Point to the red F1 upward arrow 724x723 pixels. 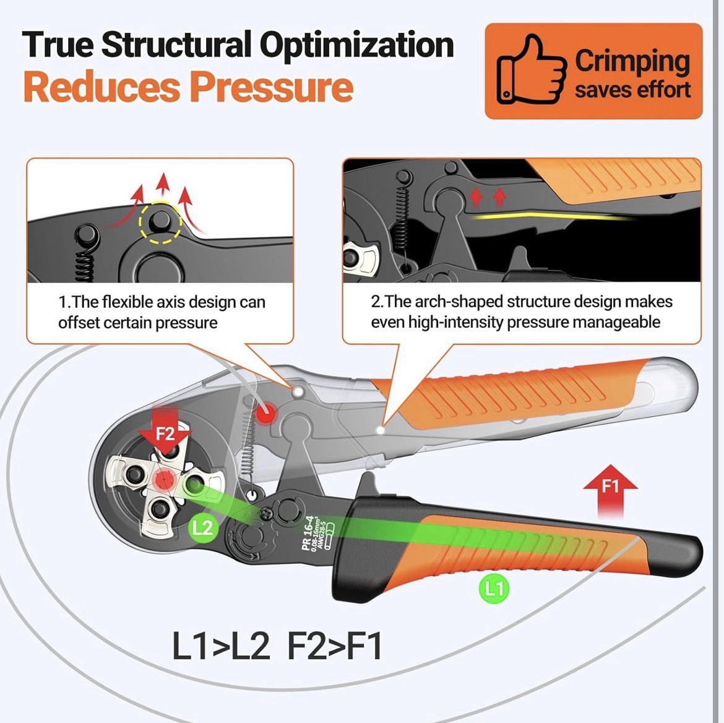coord(610,489)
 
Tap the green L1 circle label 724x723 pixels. coord(493,588)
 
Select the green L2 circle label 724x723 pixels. coord(202,528)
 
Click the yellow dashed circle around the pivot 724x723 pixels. coord(160,221)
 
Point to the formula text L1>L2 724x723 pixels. coord(221,646)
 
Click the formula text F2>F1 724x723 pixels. coord(335,646)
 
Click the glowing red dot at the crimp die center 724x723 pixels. coord(165,478)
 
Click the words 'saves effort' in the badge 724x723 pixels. coord(632,90)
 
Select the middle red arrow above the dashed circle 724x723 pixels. coord(163,185)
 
